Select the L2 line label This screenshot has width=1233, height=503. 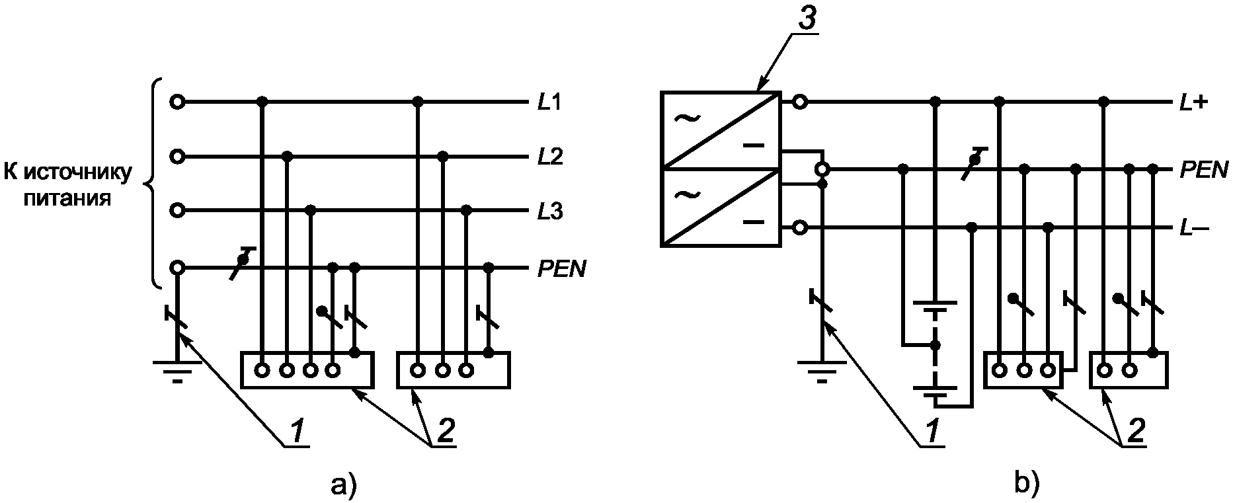(x=549, y=158)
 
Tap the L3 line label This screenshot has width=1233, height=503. (x=549, y=212)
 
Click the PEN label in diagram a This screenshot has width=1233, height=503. (x=561, y=270)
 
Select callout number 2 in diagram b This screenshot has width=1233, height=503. (x=1135, y=431)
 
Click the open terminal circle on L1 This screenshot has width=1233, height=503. (x=177, y=102)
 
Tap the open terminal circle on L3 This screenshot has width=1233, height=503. (x=177, y=211)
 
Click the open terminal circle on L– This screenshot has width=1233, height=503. (x=799, y=229)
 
